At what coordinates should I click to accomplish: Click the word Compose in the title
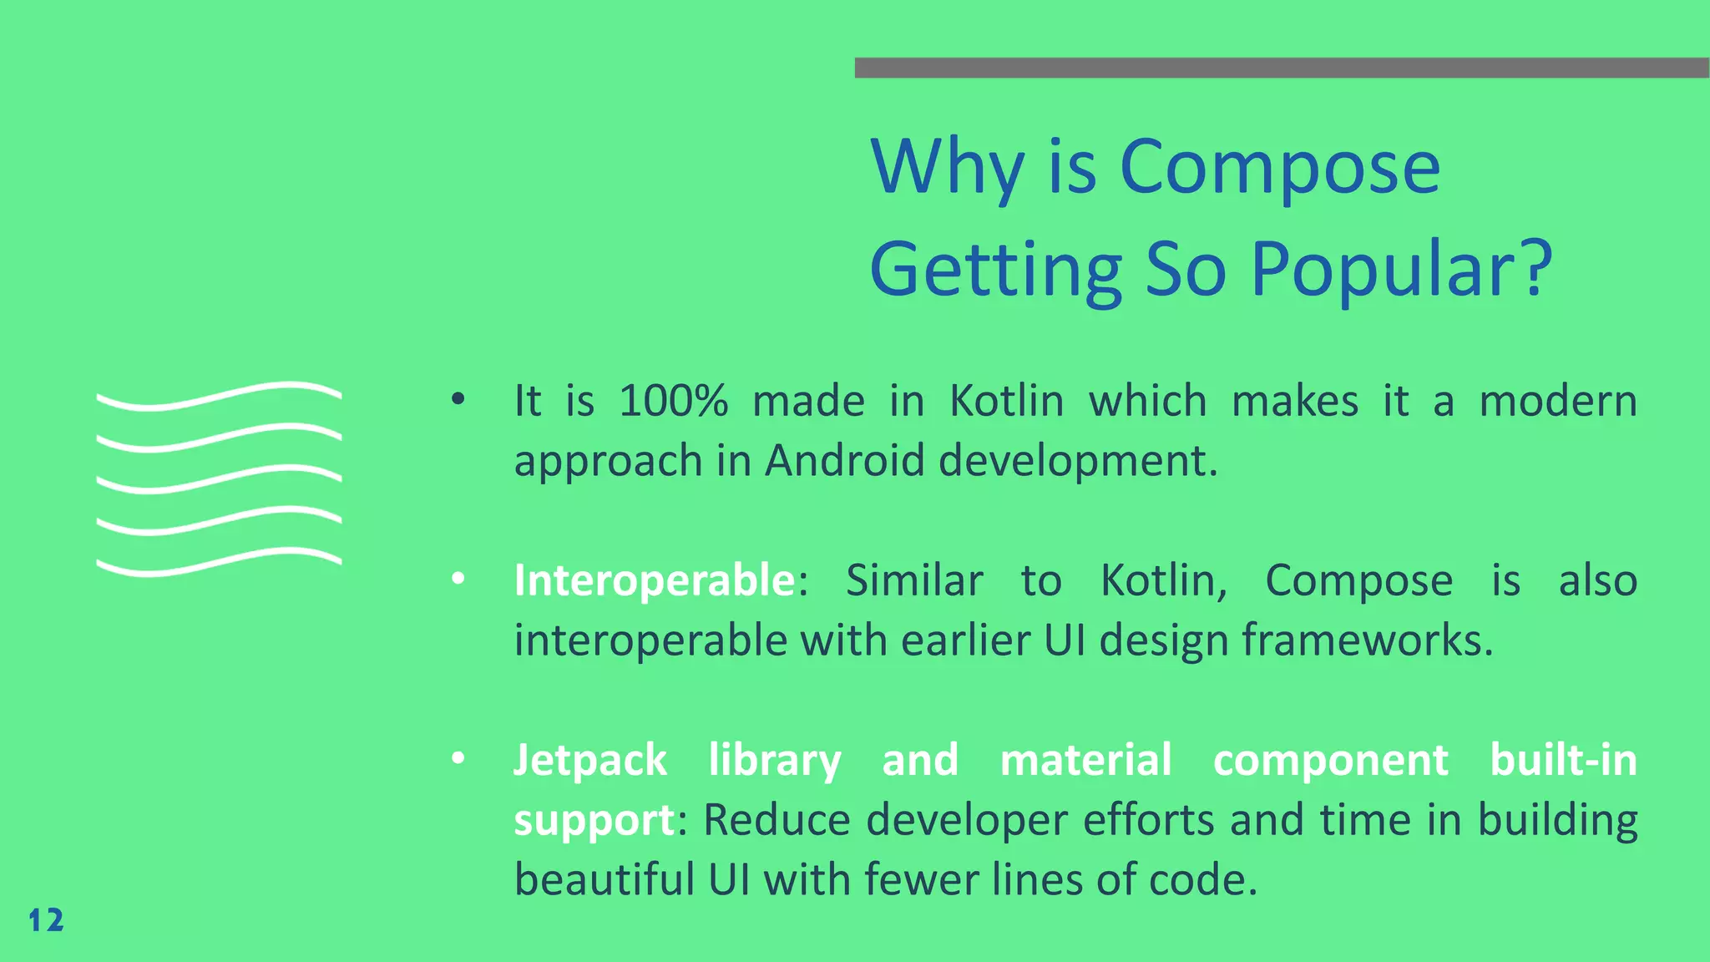1279,167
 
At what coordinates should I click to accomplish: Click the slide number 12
46,920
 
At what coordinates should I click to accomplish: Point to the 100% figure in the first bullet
673,401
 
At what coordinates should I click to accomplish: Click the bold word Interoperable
655,580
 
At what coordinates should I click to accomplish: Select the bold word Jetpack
590,761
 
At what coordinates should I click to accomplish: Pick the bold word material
1085,761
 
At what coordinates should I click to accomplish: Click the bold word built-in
1563,761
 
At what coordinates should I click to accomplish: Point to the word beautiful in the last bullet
604,879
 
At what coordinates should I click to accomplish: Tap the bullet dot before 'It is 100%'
458,400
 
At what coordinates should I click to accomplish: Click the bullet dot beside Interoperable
458,580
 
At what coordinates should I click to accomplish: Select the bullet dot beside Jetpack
458,759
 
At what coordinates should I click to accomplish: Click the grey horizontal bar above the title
1282,68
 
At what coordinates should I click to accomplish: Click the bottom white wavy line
219,562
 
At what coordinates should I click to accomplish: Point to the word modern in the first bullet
1558,401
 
